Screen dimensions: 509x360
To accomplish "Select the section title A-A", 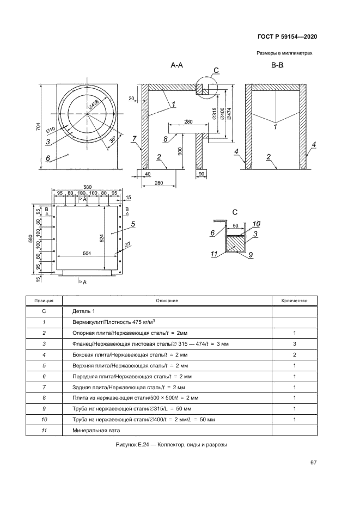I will pos(176,65).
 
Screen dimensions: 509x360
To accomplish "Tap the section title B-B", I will pos(277,65).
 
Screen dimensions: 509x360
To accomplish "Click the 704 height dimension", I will pos(38,127).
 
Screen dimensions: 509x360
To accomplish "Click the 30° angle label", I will pos(112,139).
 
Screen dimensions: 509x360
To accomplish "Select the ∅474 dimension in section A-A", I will pos(231,114).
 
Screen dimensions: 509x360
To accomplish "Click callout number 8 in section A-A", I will pos(165,139).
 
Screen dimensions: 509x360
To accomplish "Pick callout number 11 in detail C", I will pos(215,253).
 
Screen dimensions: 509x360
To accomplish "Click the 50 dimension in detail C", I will pos(236,225).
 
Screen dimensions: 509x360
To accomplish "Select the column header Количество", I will pos(294,301).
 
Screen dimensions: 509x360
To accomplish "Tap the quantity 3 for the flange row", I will pos(294,344).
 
